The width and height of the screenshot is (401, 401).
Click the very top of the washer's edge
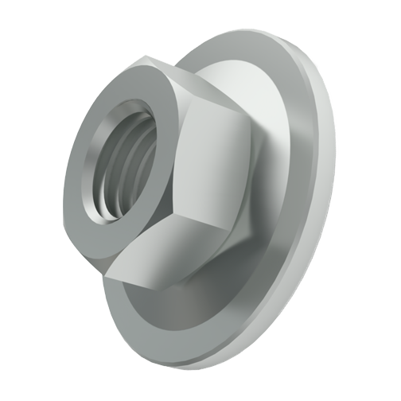(x=239, y=32)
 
